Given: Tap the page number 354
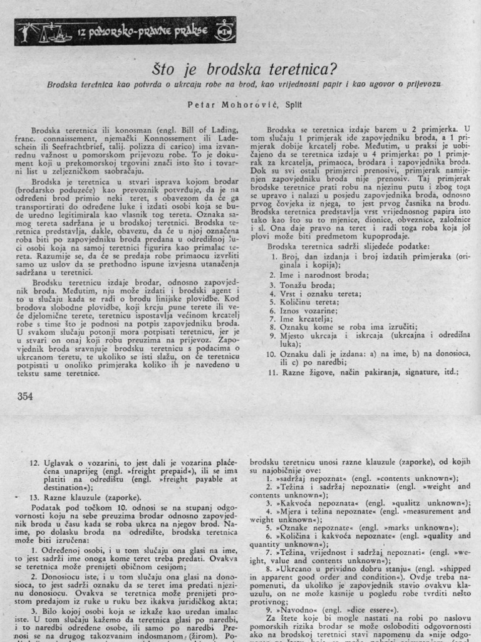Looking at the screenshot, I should [x=25, y=396].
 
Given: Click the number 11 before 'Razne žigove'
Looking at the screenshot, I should [x=271, y=372].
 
